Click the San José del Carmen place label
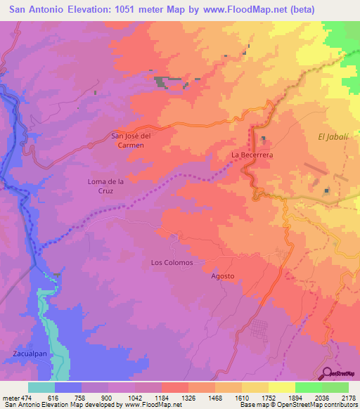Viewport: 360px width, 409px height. (131, 140)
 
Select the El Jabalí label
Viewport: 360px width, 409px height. (333, 136)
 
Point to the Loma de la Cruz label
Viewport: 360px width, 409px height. (105, 186)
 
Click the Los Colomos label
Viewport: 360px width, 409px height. (172, 262)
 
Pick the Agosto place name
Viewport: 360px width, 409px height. (222, 276)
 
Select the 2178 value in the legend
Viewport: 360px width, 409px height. (348, 397)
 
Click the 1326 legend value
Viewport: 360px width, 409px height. (188, 397)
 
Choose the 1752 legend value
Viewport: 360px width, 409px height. (268, 397)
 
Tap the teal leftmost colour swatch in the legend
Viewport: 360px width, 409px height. (41, 387)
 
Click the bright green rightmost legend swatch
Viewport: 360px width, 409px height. (335, 387)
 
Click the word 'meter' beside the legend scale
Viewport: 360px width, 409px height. (9, 397)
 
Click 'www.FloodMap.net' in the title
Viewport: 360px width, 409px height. (236, 9)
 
